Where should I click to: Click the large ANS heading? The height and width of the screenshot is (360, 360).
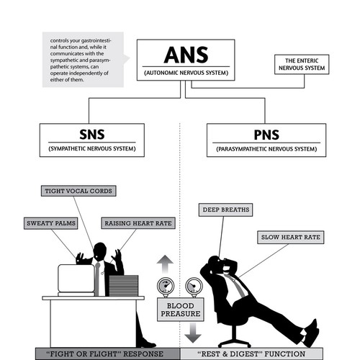[186, 55]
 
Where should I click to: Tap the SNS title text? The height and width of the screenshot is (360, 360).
[92, 135]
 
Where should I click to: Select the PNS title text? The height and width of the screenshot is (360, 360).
[266, 135]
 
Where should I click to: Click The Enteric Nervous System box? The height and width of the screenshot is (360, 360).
[302, 64]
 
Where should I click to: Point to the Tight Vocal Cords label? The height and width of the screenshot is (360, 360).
[78, 191]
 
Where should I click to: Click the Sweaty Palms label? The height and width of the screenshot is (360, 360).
[51, 223]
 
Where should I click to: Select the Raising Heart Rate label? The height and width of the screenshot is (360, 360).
[138, 223]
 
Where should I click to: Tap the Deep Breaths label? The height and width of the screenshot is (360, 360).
[225, 210]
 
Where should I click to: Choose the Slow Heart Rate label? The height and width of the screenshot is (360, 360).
[291, 238]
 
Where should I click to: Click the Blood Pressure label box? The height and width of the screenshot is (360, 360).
[181, 310]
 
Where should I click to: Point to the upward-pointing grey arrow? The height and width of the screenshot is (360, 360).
[165, 264]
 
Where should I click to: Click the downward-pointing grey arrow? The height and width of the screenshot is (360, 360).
[193, 333]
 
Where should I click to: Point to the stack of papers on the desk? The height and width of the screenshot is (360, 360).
[124, 286]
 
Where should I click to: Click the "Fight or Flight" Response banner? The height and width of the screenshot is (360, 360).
[107, 354]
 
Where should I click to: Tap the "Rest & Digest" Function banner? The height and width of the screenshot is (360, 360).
[251, 354]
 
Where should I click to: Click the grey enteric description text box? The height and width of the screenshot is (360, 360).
[84, 60]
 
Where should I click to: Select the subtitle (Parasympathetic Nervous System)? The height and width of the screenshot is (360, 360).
[266, 149]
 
